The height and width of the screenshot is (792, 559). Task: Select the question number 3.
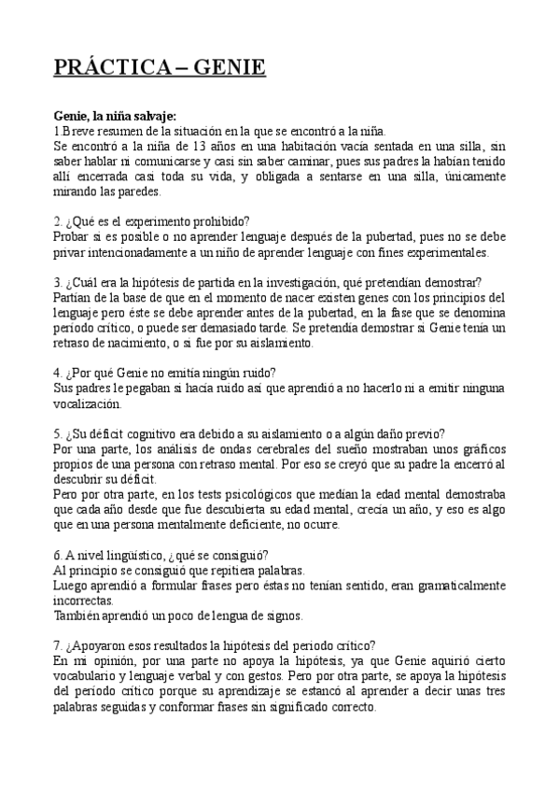click(57, 282)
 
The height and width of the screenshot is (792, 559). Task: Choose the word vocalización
click(88, 403)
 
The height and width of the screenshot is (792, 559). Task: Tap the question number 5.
click(57, 433)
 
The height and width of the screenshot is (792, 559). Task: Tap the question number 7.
click(57, 645)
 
